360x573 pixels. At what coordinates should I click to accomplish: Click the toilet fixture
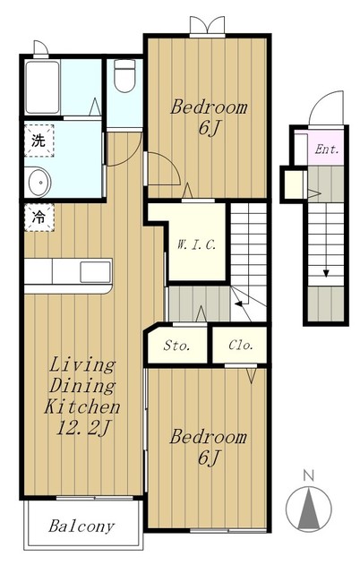click(x=124, y=75)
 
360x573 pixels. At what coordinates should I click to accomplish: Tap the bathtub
click(x=42, y=88)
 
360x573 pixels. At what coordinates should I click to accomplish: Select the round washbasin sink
click(x=38, y=182)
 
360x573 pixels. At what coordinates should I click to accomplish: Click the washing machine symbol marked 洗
click(x=39, y=141)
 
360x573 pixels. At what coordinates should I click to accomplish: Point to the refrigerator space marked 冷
click(x=39, y=218)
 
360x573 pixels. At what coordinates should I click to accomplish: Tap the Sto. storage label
click(x=176, y=345)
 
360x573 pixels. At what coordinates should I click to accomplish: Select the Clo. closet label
click(x=241, y=345)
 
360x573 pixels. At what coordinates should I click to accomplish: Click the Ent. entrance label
click(x=327, y=150)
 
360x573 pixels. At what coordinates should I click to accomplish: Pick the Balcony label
click(x=81, y=526)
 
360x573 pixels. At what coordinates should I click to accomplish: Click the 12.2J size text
click(x=82, y=428)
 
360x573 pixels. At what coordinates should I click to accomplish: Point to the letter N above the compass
click(x=309, y=476)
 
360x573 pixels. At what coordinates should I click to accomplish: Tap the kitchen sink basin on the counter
click(x=96, y=272)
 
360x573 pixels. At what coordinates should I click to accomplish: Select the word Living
click(x=82, y=365)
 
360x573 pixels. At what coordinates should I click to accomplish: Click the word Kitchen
click(x=82, y=406)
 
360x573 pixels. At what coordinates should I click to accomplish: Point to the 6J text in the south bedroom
click(x=210, y=458)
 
